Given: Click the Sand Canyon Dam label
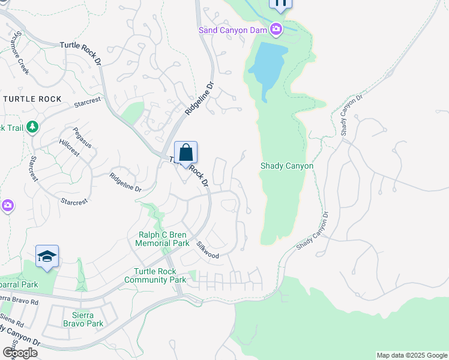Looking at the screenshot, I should (233, 29).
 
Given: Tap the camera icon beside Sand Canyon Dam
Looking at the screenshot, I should (276, 28).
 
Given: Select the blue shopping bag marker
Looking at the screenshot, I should (186, 153).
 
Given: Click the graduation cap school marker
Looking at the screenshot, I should (47, 257).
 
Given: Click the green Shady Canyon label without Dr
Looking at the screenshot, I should (286, 166).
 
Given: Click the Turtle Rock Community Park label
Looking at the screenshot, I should (155, 275).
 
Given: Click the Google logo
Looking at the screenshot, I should (20, 352).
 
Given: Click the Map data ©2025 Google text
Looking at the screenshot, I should (411, 355).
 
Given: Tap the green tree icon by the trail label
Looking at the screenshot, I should (32, 127).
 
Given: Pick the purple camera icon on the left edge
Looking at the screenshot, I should (7, 206).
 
